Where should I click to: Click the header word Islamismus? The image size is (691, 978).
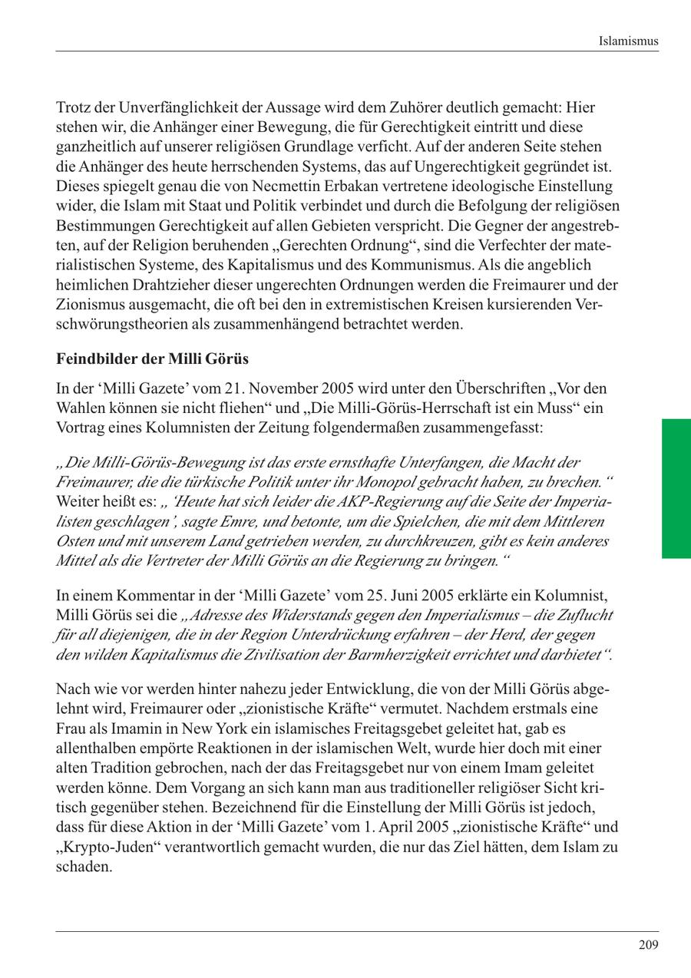[628, 41]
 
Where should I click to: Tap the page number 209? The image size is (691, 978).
[648, 945]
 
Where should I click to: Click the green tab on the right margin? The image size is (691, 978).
[676, 488]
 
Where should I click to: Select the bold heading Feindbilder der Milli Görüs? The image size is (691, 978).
[152, 359]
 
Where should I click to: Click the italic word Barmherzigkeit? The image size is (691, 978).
[411, 655]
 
